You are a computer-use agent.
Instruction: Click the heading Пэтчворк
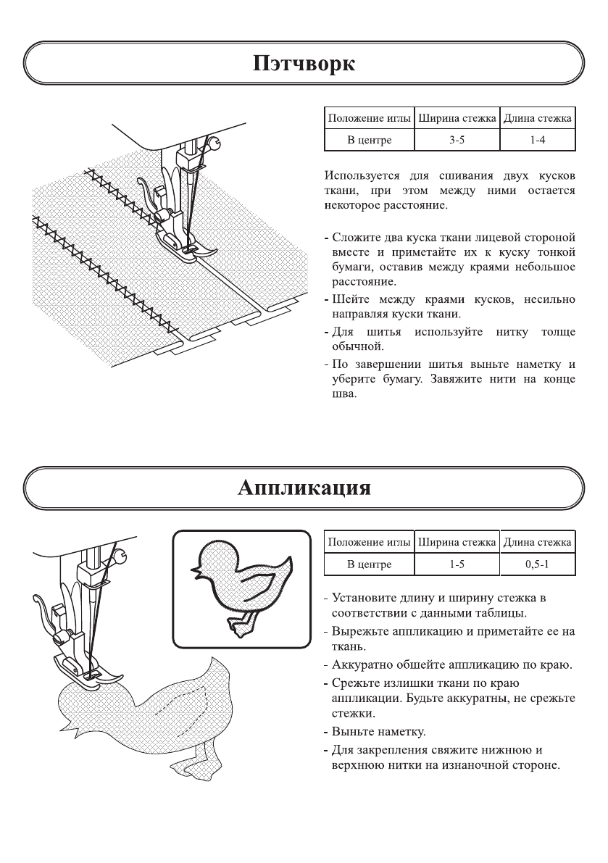pyautogui.click(x=304, y=64)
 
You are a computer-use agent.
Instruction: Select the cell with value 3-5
pyautogui.click(x=457, y=140)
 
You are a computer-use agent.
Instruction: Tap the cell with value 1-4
pyautogui.click(x=537, y=140)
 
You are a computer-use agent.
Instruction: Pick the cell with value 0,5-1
pyautogui.click(x=537, y=563)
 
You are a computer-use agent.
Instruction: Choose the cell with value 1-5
pyautogui.click(x=457, y=563)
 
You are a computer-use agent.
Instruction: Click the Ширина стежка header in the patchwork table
pyautogui.click(x=457, y=118)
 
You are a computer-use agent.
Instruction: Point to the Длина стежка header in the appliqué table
pyautogui.click(x=537, y=542)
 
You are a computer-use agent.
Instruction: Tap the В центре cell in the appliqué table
pyautogui.click(x=368, y=563)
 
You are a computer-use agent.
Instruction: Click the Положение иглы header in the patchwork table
pyautogui.click(x=368, y=118)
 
